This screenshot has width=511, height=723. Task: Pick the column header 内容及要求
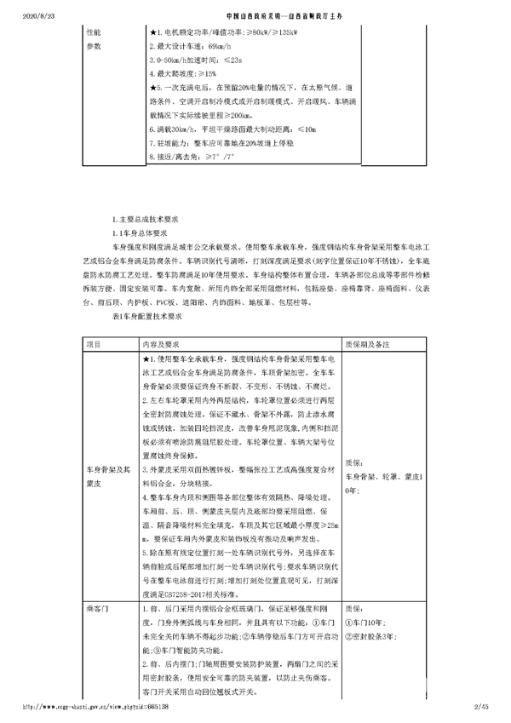[x=164, y=344]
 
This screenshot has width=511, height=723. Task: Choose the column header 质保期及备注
[x=368, y=344]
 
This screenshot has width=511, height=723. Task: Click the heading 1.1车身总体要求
[x=141, y=231]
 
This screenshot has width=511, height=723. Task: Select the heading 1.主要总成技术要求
[x=146, y=219]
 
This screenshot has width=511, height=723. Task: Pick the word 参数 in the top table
[x=95, y=48]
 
